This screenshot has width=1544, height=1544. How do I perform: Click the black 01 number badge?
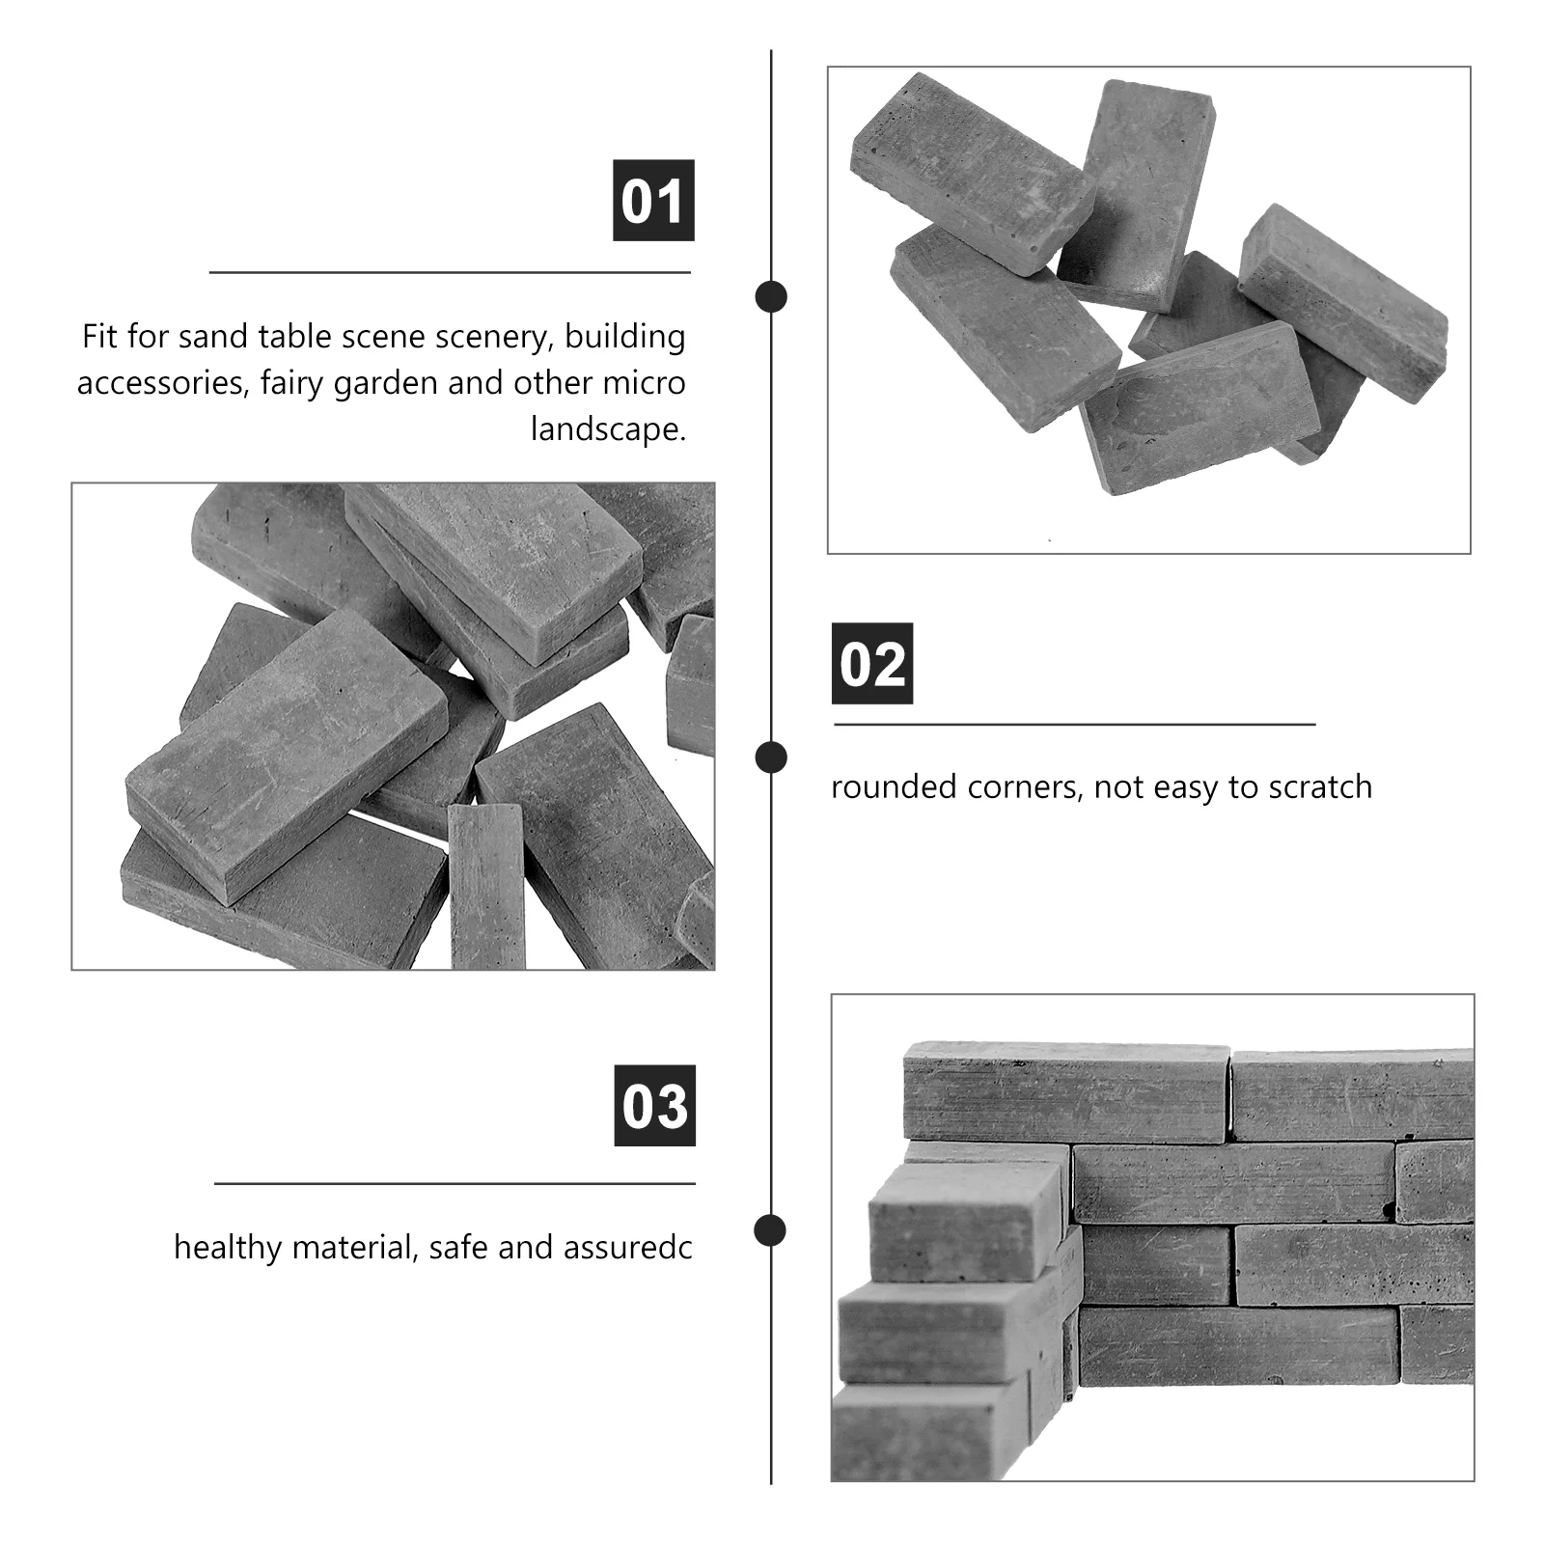pos(653,200)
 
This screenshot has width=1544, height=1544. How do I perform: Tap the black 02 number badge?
pos(872,663)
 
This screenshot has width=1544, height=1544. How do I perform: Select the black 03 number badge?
pos(655,1105)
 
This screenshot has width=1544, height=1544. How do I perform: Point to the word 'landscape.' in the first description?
pos(608,428)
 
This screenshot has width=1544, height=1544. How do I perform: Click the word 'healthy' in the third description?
pos(229,1247)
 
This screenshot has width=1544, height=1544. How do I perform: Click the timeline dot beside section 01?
pos(771,296)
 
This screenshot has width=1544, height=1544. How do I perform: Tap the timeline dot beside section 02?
pos(771,758)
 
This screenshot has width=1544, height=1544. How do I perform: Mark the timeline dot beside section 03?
pos(770,1230)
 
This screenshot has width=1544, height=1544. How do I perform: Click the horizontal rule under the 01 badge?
pos(451,273)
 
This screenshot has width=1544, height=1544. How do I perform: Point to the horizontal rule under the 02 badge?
pos(1075,724)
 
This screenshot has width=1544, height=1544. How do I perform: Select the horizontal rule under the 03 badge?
pos(455,1183)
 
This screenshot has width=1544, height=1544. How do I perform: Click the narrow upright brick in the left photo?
pos(487,885)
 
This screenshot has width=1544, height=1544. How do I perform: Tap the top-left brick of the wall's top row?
pos(1067,1092)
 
